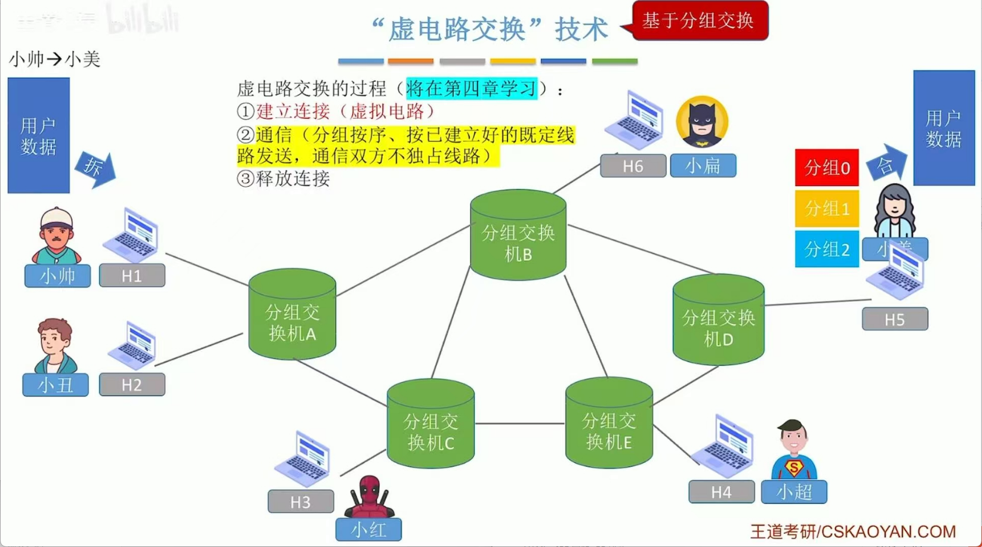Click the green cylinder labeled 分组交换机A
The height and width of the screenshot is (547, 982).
coord(292,315)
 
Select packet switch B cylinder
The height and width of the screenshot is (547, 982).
coord(518,236)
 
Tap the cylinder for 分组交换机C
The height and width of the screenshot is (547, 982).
coord(430,425)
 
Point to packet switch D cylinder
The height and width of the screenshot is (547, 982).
coord(718,320)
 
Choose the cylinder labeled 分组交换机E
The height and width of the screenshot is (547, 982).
coord(608,424)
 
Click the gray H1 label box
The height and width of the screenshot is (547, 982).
coord(132,276)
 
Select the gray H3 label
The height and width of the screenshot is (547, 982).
coord(300,502)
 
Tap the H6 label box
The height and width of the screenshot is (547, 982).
coord(633,166)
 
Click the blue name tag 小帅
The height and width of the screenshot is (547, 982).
coord(57,276)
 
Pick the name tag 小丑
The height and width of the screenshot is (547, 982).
coord(56,385)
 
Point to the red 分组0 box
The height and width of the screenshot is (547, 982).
coord(827,168)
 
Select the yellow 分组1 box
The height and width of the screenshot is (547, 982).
coord(827,209)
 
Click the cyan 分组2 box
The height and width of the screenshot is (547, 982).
coord(827,249)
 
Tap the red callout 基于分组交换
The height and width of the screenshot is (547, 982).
coord(699,21)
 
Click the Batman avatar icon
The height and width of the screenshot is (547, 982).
coord(702,122)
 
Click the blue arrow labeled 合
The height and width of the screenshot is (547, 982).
coord(886,163)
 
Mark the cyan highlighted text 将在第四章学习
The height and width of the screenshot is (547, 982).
coord(472,89)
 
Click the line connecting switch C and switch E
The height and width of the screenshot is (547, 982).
coord(519,424)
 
